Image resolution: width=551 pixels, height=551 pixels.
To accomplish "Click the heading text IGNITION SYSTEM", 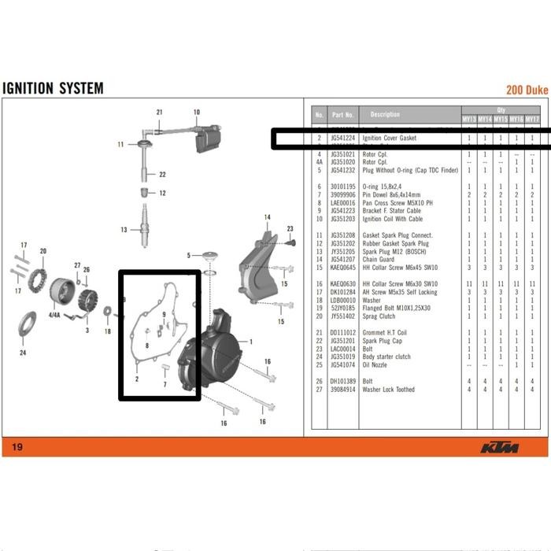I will [x=53, y=87].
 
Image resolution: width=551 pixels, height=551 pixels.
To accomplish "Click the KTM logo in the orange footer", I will [x=499, y=448].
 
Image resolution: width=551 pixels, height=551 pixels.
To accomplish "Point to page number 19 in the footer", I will [x=17, y=448].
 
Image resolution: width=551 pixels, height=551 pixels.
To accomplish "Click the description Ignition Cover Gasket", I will [x=389, y=139].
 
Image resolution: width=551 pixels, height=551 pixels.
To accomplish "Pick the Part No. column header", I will [x=342, y=115].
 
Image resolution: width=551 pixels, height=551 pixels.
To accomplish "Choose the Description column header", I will [x=385, y=115].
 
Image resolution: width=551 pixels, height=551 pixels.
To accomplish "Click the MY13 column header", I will [x=468, y=120].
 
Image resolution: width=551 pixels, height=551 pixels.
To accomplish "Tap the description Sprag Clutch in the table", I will [x=379, y=316].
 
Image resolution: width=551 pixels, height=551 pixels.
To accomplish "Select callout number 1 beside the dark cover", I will [x=250, y=342].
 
